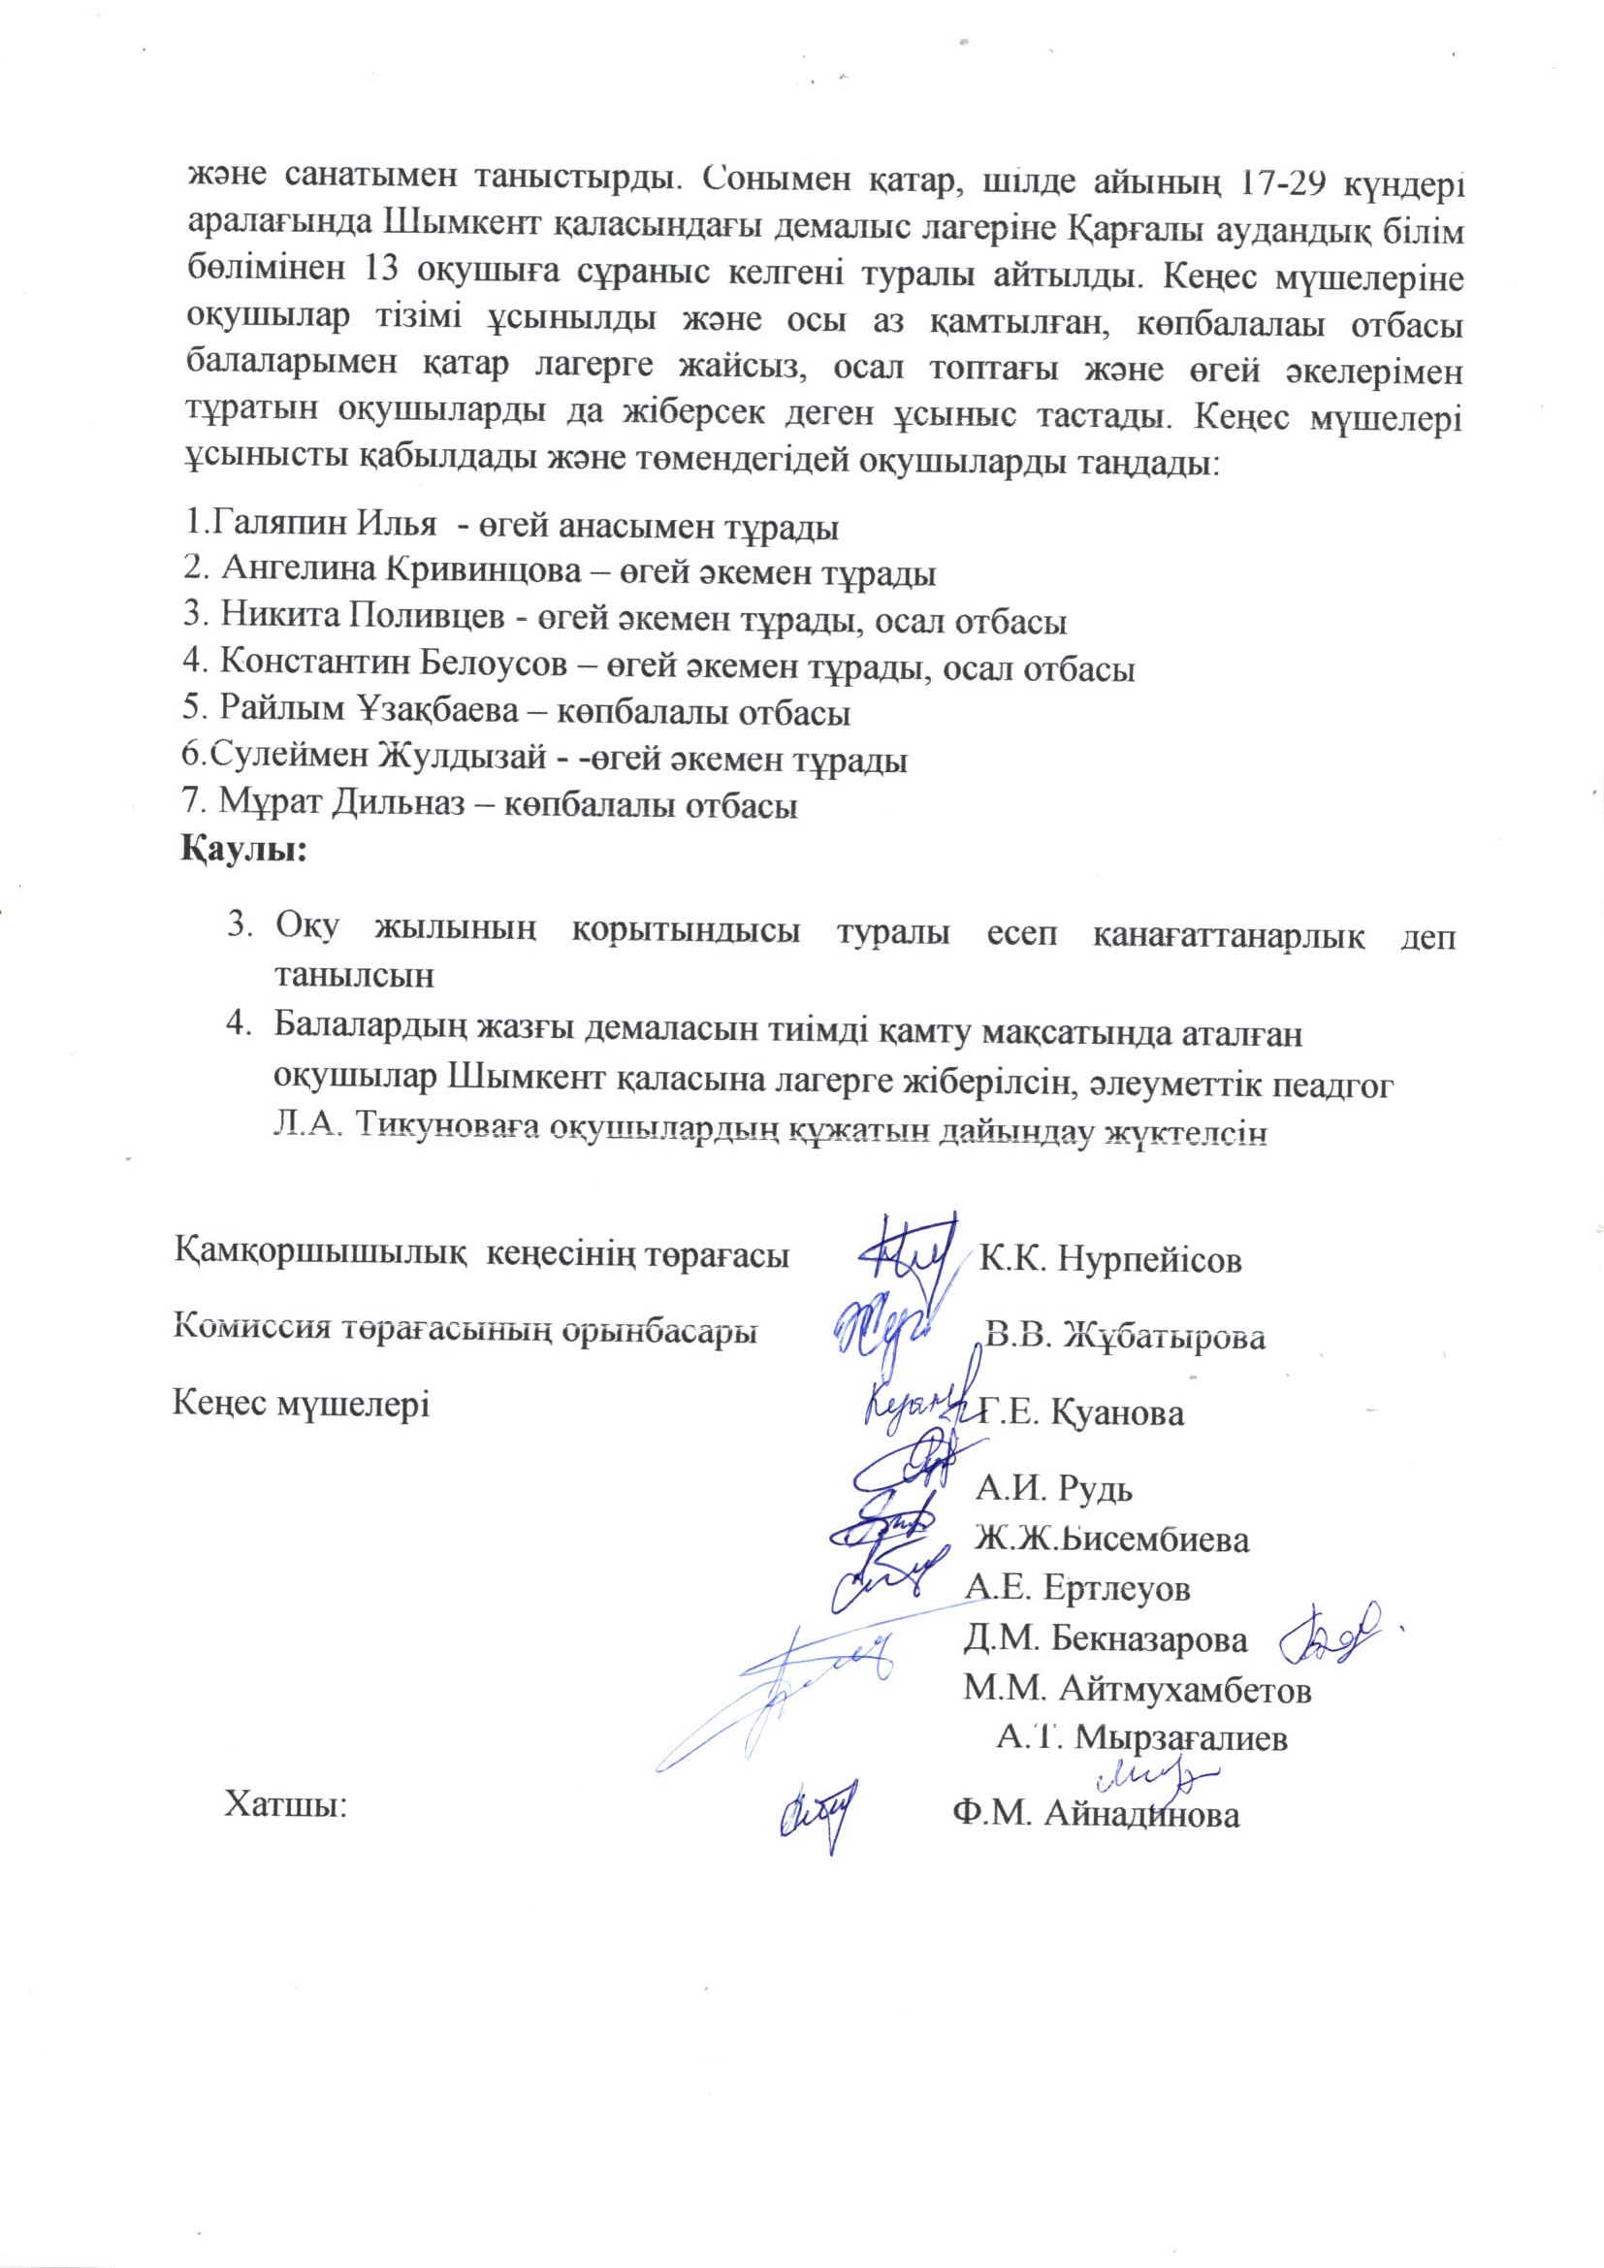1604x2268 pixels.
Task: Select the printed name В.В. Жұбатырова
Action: pos(1126,1338)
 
